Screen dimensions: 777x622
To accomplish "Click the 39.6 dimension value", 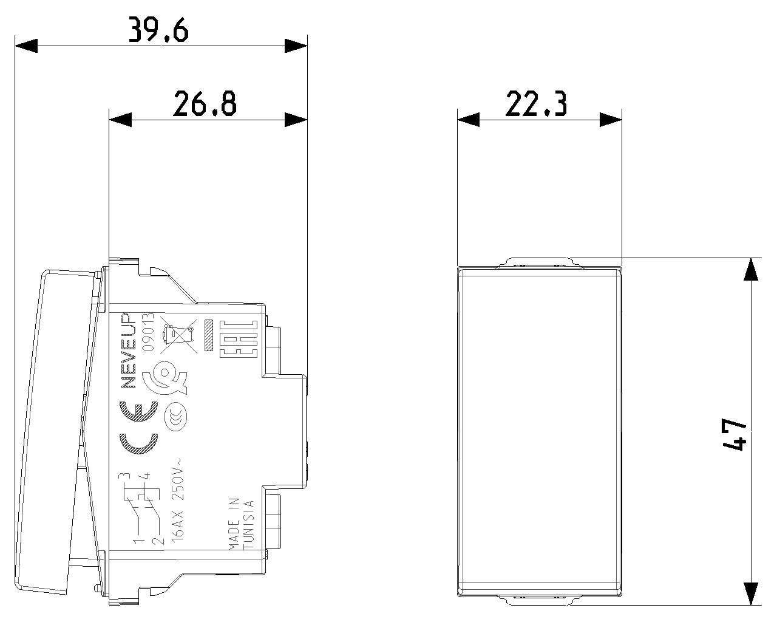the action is [x=158, y=29].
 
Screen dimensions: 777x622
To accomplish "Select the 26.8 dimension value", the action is [x=205, y=104].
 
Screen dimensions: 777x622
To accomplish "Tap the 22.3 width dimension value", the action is [x=536, y=104].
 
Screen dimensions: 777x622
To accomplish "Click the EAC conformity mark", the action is [x=239, y=339].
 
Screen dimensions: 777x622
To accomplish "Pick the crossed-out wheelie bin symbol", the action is [x=178, y=337].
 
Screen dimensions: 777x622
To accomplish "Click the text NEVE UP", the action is [x=127, y=351].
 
